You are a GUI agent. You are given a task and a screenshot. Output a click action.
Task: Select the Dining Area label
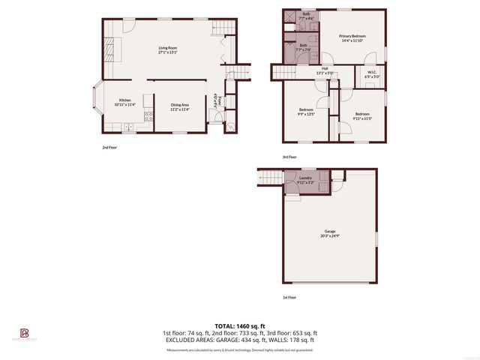(179, 106)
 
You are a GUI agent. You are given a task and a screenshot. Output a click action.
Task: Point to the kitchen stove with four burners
(148, 116)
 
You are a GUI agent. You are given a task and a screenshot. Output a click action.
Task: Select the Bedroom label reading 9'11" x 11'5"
(362, 116)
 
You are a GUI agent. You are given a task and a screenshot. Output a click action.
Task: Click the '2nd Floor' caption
(109, 148)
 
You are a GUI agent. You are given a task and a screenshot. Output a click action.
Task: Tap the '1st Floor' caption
(289, 298)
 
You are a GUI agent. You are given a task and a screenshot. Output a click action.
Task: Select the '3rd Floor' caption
(289, 157)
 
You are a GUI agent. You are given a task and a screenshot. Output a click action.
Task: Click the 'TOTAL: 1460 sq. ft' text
(239, 325)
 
